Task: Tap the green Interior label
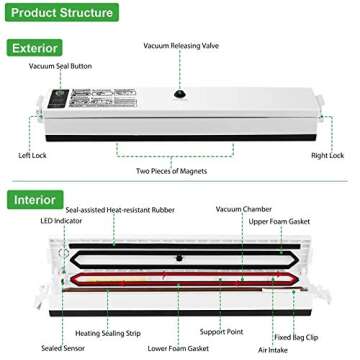pyautogui.click(x=36, y=199)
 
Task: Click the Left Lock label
pyautogui.click(x=32, y=155)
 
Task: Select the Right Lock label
pyautogui.click(x=327, y=155)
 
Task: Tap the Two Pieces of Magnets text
pyautogui.click(x=179, y=171)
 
